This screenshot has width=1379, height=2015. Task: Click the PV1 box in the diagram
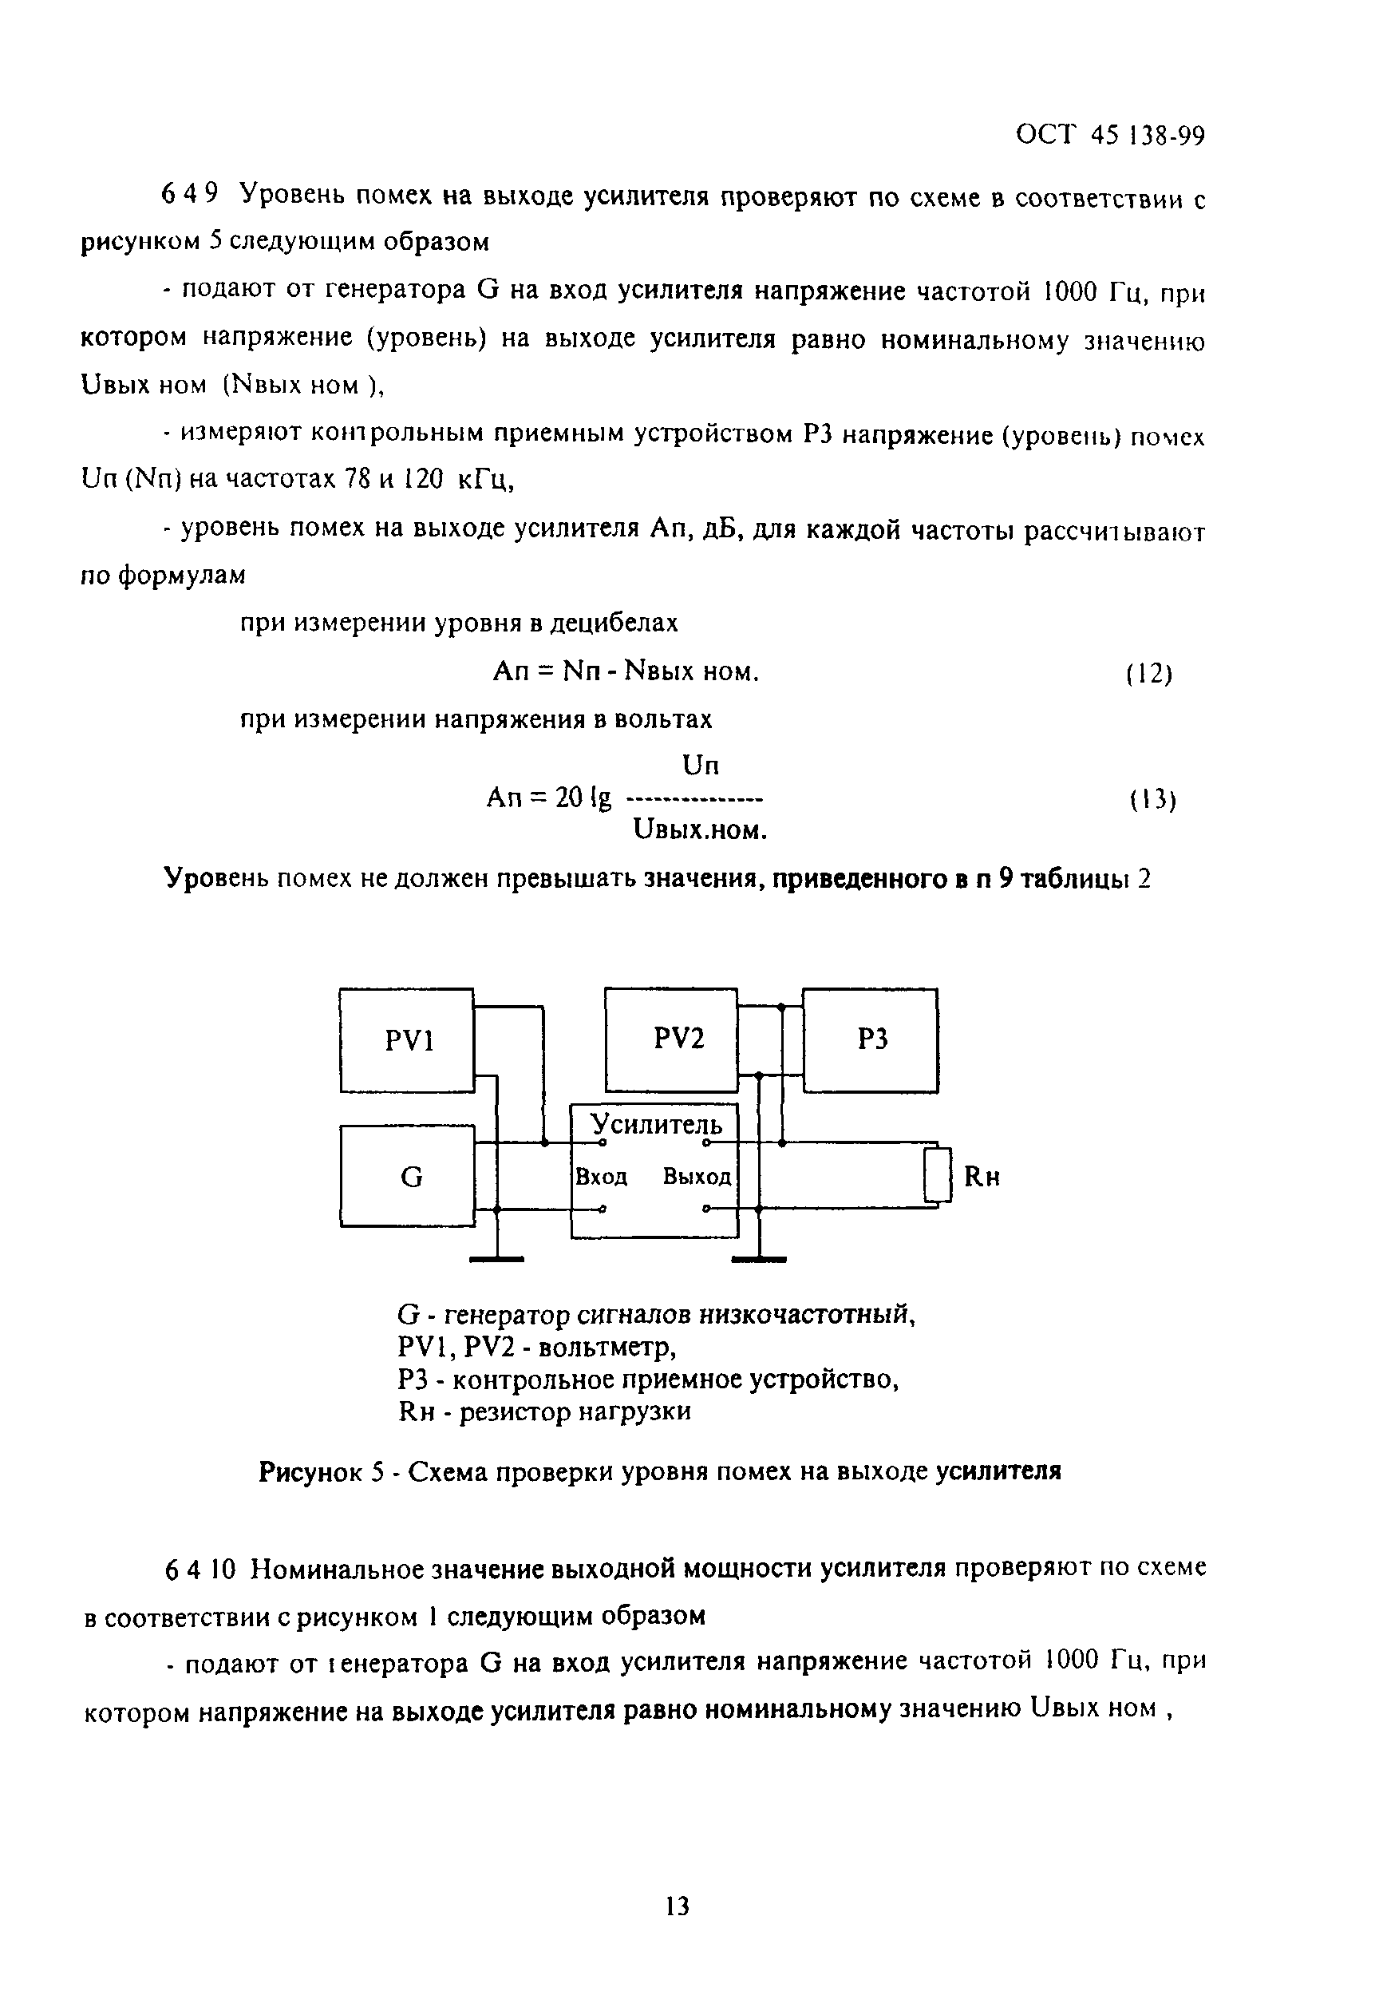point(406,1040)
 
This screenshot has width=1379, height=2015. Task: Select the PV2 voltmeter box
point(671,1039)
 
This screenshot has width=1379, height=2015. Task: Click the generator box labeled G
point(407,1177)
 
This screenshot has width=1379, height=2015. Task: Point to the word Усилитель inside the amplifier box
point(656,1125)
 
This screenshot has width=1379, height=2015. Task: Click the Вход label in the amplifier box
point(602,1177)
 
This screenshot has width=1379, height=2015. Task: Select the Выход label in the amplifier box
point(697,1177)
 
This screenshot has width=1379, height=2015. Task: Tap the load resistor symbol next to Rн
point(937,1176)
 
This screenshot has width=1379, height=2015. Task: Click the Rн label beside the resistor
point(982,1177)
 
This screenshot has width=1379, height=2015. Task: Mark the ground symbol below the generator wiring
point(496,1258)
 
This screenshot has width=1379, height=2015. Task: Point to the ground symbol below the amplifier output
point(758,1258)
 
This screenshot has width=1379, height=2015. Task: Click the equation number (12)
point(1148,674)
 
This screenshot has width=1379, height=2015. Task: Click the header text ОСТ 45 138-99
point(1109,137)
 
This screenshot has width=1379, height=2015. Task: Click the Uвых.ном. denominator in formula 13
point(701,832)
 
